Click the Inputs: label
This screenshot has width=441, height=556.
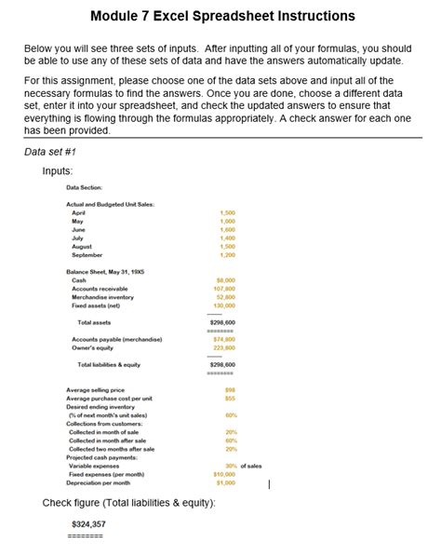tap(58, 171)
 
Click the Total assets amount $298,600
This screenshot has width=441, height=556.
tap(223, 322)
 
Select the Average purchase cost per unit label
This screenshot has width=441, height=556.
tap(109, 398)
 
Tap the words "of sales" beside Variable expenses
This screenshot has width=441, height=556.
tap(252, 466)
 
